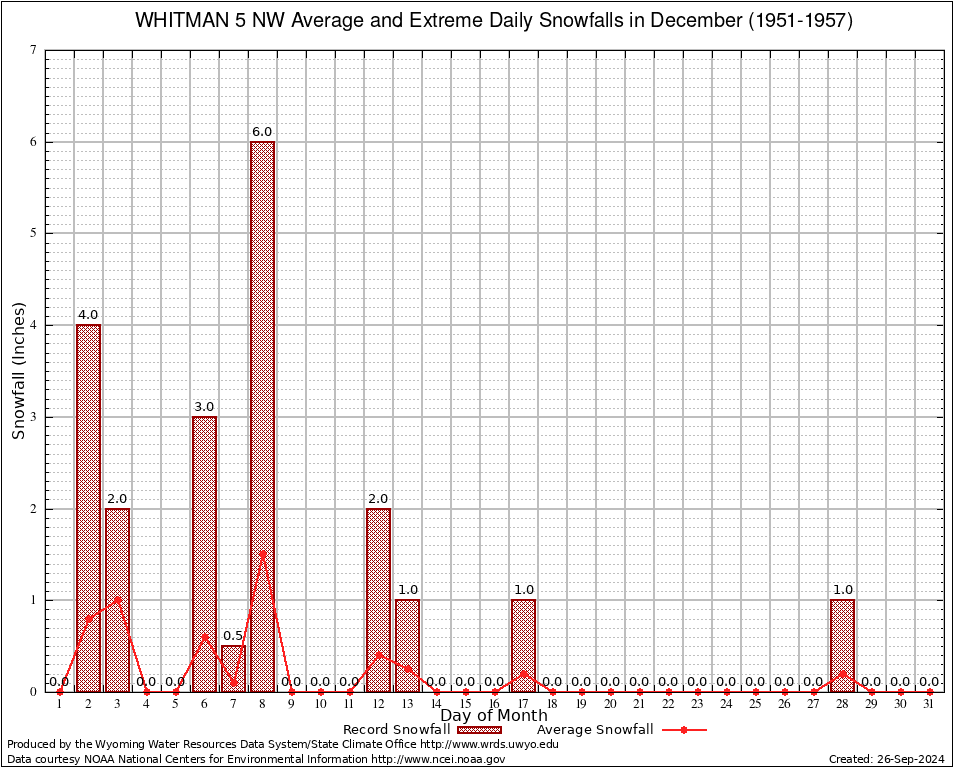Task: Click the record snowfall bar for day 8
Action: [262, 416]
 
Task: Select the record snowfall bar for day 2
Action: [88, 508]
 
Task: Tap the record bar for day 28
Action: [842, 646]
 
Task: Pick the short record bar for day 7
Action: [233, 668]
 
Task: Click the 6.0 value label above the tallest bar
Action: [262, 132]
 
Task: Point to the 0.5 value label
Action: [233, 636]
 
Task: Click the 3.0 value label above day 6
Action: [204, 407]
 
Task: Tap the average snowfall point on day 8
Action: [262, 553]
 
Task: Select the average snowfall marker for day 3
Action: [117, 600]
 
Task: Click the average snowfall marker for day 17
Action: [523, 673]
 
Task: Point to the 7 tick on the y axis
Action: [33, 50]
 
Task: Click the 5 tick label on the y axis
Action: [33, 233]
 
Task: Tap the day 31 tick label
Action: [929, 705]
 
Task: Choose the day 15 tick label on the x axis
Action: [465, 705]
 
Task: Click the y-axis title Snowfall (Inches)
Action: [18, 371]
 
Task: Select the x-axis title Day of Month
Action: [494, 716]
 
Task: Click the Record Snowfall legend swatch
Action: [479, 730]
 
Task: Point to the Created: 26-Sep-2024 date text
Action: [887, 760]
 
